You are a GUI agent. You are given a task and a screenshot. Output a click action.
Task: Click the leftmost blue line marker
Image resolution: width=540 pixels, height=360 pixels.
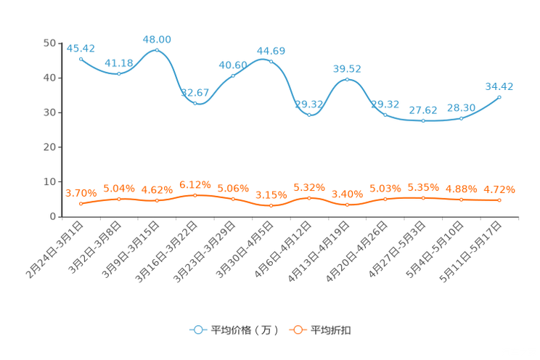pyautogui.click(x=81, y=58)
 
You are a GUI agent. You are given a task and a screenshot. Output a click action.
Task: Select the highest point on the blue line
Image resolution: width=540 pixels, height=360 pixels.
pyautogui.click(x=157, y=49)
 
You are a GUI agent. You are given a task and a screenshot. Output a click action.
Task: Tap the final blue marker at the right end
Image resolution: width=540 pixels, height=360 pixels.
pyautogui.click(x=499, y=97)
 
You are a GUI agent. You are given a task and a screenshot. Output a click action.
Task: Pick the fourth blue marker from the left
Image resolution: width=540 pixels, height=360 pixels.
pyautogui.click(x=195, y=103)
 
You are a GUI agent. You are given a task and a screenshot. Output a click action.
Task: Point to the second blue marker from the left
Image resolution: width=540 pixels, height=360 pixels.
pyautogui.click(x=118, y=73)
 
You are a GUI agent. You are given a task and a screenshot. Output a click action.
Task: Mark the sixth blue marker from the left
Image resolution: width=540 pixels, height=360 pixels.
pyautogui.click(x=271, y=60)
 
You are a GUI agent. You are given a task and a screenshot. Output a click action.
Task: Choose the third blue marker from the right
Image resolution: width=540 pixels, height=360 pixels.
pyautogui.click(x=423, y=121)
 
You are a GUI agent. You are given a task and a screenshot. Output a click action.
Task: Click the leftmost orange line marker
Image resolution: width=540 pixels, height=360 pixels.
pyautogui.click(x=81, y=204)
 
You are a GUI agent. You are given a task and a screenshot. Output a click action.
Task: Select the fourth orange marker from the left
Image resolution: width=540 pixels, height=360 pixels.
pyautogui.click(x=195, y=195)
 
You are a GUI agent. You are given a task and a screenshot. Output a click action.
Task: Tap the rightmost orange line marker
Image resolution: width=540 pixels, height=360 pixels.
pyautogui.click(x=499, y=200)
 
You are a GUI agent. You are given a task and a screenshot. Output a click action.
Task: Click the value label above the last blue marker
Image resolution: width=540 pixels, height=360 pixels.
pyautogui.click(x=499, y=86)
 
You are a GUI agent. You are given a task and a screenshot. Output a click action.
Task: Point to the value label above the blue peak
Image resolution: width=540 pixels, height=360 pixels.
pyautogui.click(x=157, y=38)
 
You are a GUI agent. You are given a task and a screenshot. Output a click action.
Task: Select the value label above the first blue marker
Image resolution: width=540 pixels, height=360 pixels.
pyautogui.click(x=81, y=48)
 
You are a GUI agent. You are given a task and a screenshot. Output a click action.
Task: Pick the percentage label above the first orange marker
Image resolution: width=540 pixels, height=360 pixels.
pyautogui.click(x=81, y=193)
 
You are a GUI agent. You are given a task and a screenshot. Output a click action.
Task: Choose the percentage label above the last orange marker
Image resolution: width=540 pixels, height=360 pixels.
pyautogui.click(x=500, y=190)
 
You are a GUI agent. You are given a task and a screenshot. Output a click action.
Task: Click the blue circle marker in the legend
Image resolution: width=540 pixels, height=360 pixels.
pyautogui.click(x=198, y=330)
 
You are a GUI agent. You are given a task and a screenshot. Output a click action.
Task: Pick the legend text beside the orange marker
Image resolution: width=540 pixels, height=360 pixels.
pyautogui.click(x=332, y=330)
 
